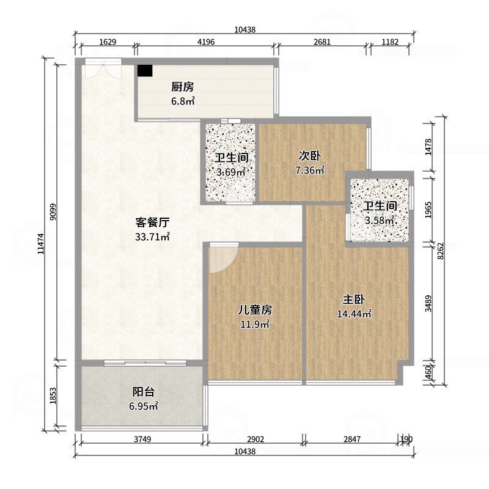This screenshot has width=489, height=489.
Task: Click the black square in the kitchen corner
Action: tap(144, 70)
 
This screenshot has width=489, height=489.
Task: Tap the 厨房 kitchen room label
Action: tap(182, 87)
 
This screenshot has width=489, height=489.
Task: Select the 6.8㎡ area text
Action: tap(182, 101)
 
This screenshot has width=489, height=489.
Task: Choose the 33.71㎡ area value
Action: tap(152, 237)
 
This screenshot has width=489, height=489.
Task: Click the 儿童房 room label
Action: tap(255, 310)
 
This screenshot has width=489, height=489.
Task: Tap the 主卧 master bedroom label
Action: tap(354, 300)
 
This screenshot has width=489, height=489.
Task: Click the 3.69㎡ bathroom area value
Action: tap(230, 172)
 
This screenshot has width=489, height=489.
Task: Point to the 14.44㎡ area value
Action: tap(354, 314)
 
